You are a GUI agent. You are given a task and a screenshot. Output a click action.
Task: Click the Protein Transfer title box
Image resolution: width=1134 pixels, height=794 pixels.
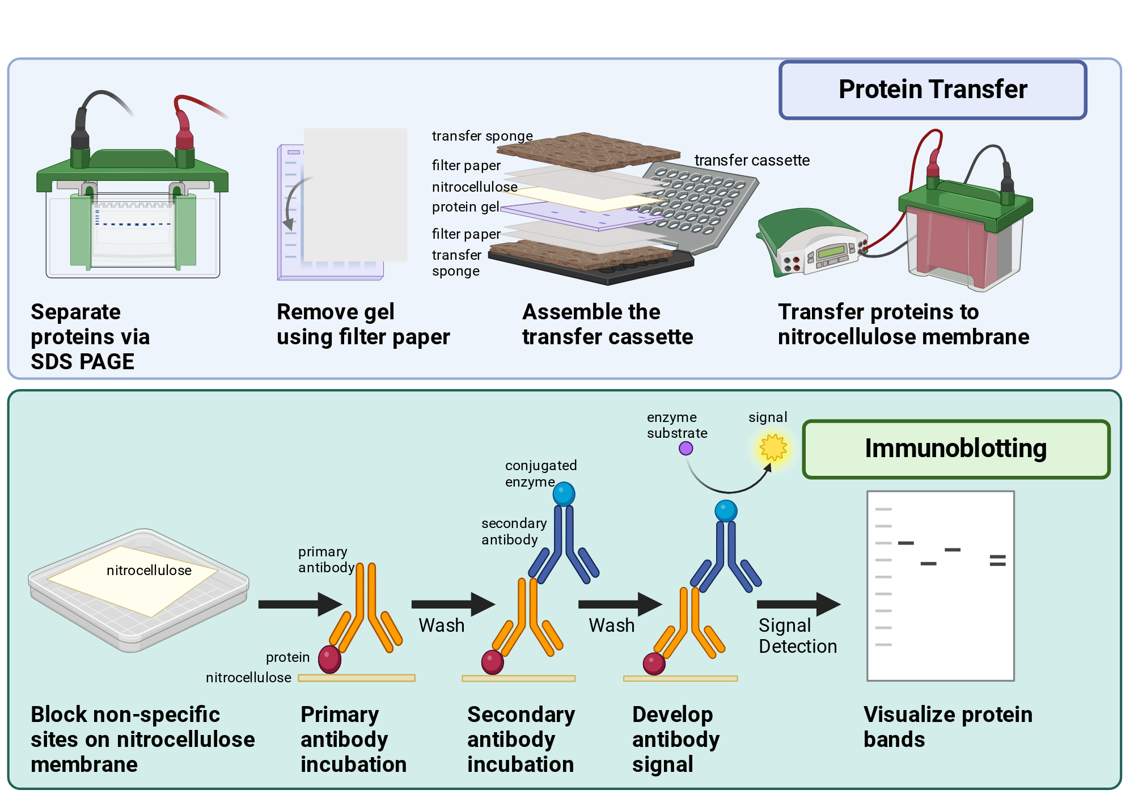(933, 90)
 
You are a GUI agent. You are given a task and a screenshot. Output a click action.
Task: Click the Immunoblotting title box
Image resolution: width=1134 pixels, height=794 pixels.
(956, 449)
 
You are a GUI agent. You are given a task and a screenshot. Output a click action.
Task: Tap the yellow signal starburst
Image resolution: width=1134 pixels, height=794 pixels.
(773, 447)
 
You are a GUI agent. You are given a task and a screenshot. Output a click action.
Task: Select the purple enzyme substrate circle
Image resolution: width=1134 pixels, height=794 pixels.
(686, 449)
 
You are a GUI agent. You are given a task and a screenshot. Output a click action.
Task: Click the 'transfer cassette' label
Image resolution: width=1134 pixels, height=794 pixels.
(752, 161)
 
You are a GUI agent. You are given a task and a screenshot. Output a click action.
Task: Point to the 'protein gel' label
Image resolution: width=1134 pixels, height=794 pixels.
(466, 207)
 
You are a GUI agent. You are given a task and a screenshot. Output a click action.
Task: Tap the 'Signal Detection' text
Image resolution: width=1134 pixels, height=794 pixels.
(798, 636)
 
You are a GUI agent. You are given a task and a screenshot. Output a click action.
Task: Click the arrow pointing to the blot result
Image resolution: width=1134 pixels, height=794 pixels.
(799, 604)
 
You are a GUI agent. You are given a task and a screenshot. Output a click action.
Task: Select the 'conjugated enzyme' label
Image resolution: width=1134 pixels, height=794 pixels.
(541, 474)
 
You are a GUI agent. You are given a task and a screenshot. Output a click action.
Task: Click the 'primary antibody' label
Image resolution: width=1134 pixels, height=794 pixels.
(326, 559)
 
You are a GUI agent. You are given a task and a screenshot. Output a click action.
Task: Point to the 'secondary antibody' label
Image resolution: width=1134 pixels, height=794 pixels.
(514, 531)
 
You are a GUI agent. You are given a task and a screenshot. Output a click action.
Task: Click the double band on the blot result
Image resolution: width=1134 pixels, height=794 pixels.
(997, 560)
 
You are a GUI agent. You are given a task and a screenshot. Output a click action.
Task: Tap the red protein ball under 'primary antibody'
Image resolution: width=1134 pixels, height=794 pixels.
(330, 659)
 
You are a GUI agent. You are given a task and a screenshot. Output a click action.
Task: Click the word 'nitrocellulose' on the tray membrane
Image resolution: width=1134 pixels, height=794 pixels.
(149, 571)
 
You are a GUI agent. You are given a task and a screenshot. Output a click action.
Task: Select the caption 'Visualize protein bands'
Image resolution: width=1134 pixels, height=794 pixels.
(948, 727)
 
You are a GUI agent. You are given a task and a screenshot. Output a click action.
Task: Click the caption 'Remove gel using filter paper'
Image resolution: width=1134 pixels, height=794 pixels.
(363, 324)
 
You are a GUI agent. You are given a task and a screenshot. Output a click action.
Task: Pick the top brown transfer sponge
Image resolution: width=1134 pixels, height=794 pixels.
(589, 152)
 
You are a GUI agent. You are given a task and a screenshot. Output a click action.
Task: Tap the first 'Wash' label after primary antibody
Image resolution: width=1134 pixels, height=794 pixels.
(442, 626)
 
